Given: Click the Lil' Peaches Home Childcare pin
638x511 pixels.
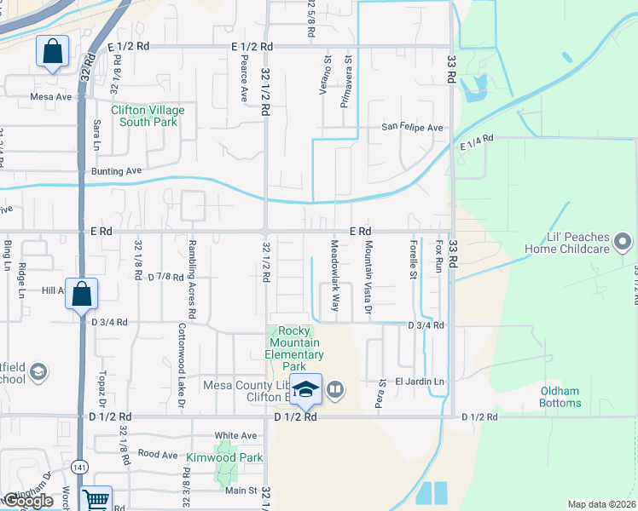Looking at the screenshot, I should (x=623, y=242).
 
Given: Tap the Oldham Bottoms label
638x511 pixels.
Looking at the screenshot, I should (x=560, y=397).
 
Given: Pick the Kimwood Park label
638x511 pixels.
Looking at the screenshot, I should (x=225, y=457).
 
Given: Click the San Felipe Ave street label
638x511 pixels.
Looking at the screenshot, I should (x=412, y=128).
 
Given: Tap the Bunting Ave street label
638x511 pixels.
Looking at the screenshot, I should (x=116, y=171).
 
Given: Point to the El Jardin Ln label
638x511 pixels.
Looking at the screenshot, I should (x=420, y=382).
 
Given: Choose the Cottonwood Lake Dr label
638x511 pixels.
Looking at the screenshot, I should (x=181, y=366).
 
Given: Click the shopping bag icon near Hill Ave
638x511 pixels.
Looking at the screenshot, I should (x=81, y=295).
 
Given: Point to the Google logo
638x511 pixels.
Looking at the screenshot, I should (x=29, y=501).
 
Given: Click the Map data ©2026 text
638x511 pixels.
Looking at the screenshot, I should (x=601, y=504).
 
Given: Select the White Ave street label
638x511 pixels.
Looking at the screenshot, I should (x=235, y=435).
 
